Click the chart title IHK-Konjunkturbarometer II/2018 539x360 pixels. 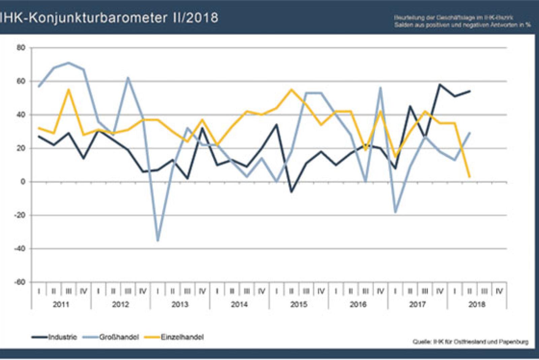coord(108,18)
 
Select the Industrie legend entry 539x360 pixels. coord(63,337)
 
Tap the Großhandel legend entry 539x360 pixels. coord(119,337)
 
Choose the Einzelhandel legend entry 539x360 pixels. coord(182,337)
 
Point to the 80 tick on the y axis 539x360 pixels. coord(21,48)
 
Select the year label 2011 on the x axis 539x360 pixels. coord(61,304)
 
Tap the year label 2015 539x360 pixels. coord(299,304)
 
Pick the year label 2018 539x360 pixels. coord(477,304)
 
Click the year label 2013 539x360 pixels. coord(180,304)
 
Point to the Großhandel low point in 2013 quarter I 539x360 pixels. coord(158,240)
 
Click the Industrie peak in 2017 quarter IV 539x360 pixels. coord(440,85)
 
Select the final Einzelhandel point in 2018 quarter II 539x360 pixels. coord(469,176)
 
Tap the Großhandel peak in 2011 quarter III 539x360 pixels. coord(69,63)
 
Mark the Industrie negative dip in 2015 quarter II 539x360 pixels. coord(291,192)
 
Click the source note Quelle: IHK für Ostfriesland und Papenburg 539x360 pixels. coord(471,342)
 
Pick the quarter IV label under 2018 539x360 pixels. coord(499,291)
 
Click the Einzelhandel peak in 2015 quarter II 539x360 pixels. coord(291,90)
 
